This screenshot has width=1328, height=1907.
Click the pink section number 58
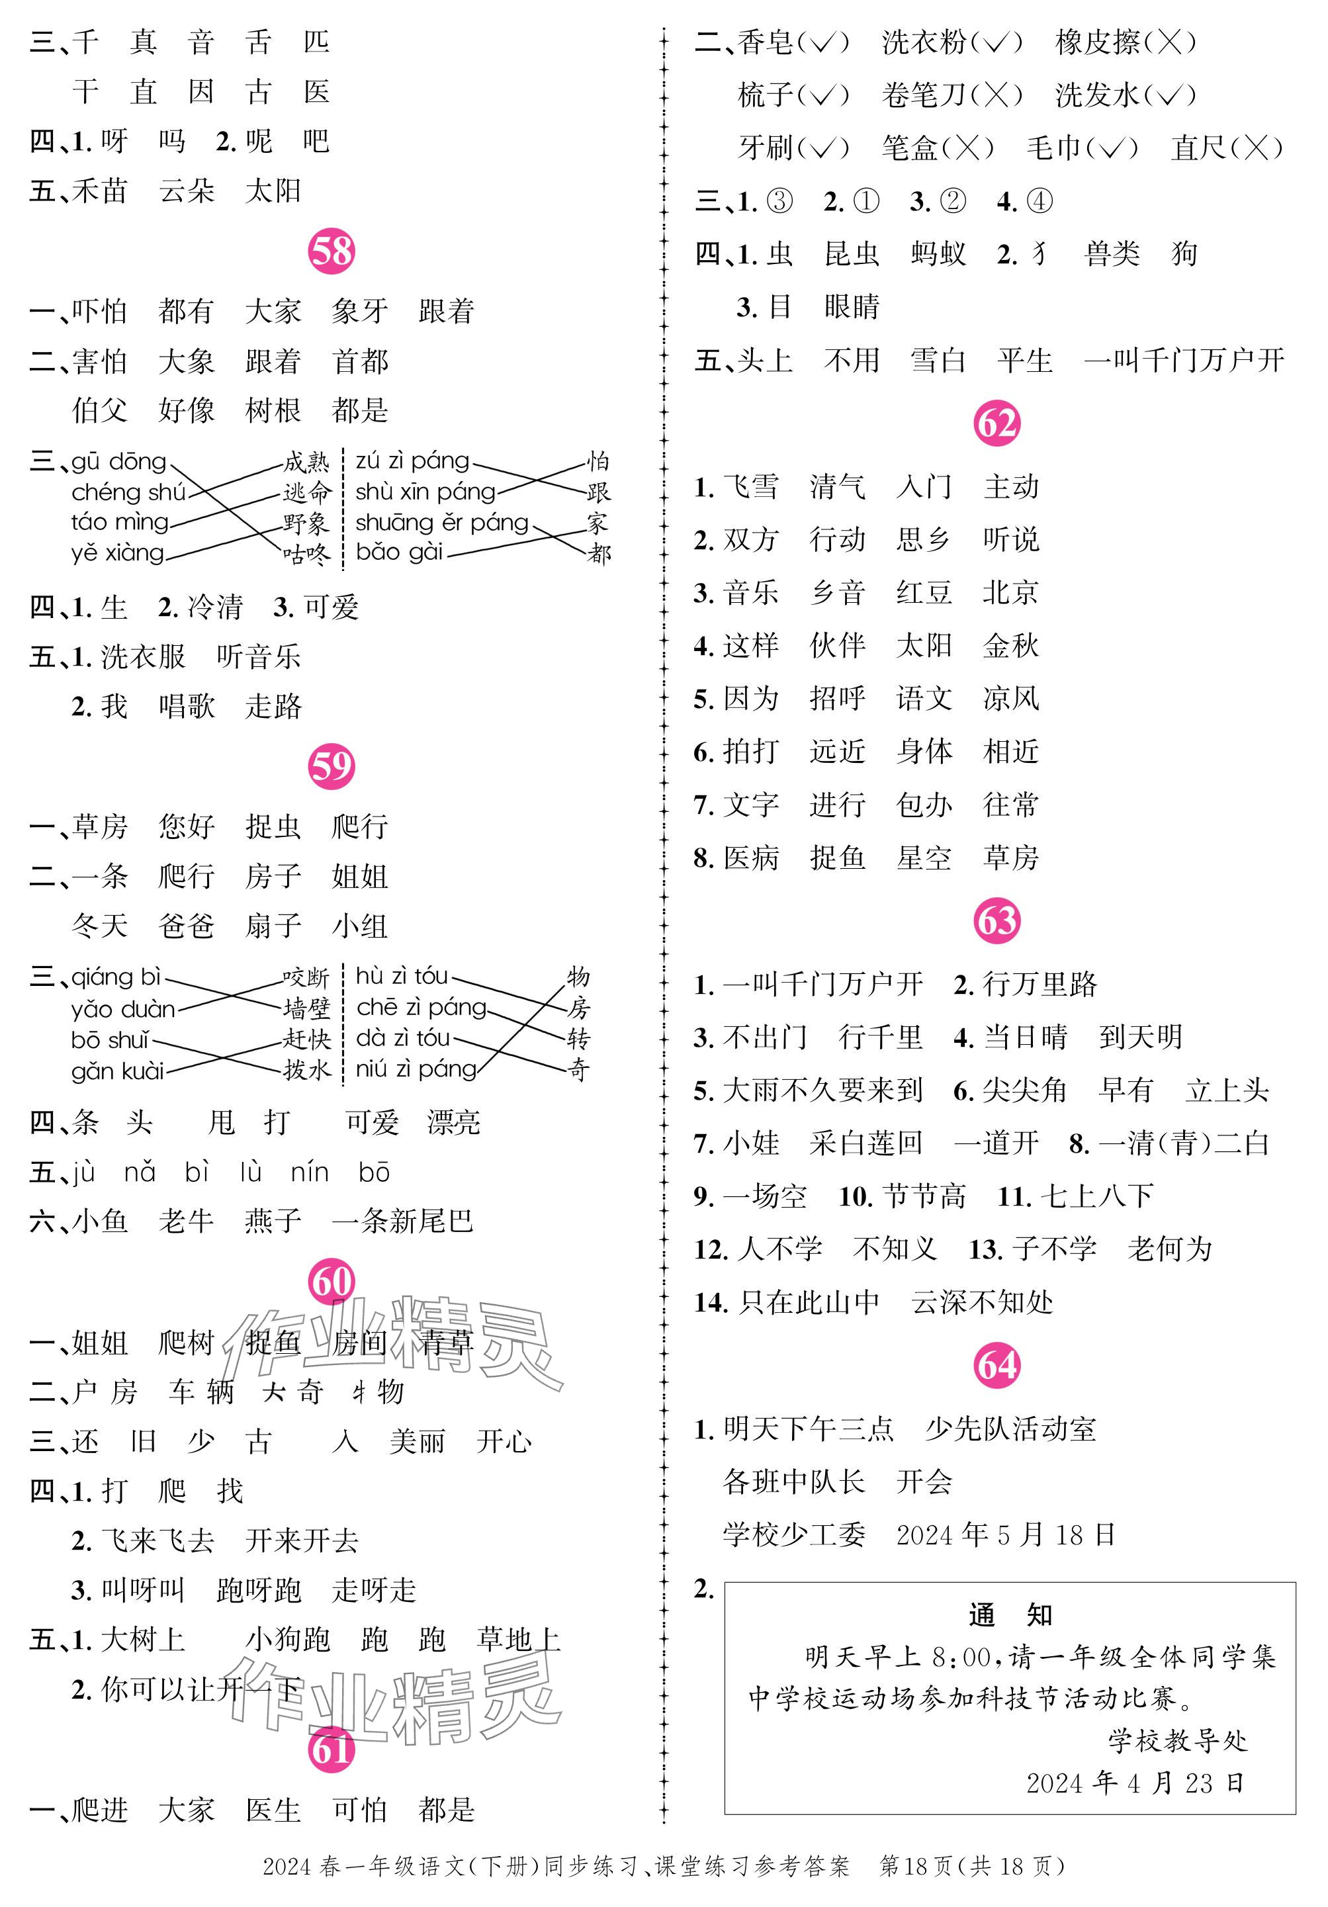(x=332, y=251)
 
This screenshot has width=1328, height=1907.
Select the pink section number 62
(x=996, y=423)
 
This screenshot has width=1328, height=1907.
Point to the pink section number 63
(x=996, y=920)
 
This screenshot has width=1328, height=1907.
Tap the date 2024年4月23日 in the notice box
(x=1135, y=1783)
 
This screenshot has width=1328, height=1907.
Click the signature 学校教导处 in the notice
(x=1177, y=1740)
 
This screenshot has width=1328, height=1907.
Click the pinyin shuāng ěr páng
(x=442, y=523)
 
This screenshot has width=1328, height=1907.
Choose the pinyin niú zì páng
(x=416, y=1069)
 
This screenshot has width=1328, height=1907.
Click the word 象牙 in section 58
(x=359, y=312)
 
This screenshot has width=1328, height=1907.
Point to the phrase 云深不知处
(x=982, y=1302)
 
